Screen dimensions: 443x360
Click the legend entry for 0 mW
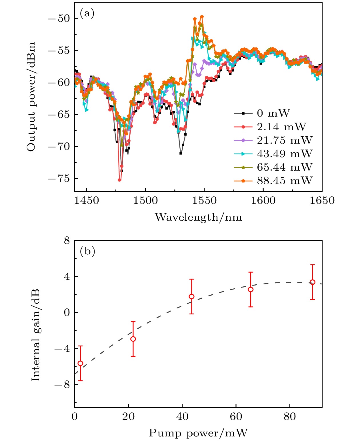pos(273,113)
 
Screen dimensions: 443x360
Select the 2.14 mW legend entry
pos(281,127)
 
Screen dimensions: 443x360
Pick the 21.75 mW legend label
pos(285,140)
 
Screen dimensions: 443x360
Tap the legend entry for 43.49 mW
pos(285,153)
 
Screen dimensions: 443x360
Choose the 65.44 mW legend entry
pos(285,167)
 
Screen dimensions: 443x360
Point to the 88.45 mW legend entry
pos(285,180)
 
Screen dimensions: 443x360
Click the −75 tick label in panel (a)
pos(59,179)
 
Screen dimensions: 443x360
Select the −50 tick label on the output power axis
pos(59,19)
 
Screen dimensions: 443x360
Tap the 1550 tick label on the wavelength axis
pos(204,200)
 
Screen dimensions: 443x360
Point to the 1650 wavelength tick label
pos(322,200)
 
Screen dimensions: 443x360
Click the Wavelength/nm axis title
pos(198,217)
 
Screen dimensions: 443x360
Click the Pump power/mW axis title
pos(198,433)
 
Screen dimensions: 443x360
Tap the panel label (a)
pos(87,13)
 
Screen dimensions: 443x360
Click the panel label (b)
pos(87,251)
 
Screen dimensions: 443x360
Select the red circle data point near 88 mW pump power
pos(313,282)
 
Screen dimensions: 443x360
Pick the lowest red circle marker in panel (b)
pos(80,363)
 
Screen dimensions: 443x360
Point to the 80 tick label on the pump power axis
pos(290,416)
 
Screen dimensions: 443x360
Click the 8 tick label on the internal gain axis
pos(67,241)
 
